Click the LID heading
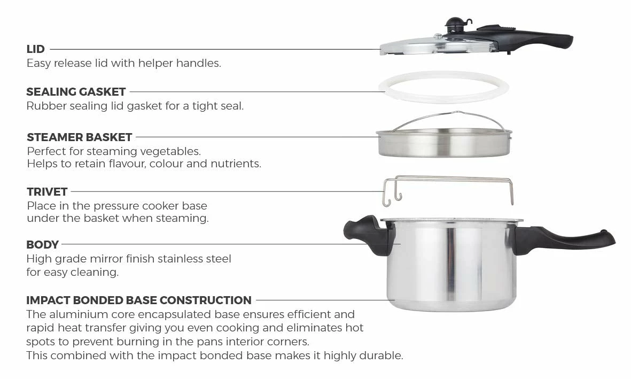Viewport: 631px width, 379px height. point(35,49)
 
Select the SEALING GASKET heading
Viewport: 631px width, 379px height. point(76,92)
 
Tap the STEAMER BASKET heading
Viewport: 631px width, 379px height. point(79,137)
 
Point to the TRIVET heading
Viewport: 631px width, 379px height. point(47,192)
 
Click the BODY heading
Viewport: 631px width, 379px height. point(42,244)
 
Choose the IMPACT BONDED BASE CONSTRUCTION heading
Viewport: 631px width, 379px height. point(139,300)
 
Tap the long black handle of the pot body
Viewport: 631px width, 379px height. point(563,239)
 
